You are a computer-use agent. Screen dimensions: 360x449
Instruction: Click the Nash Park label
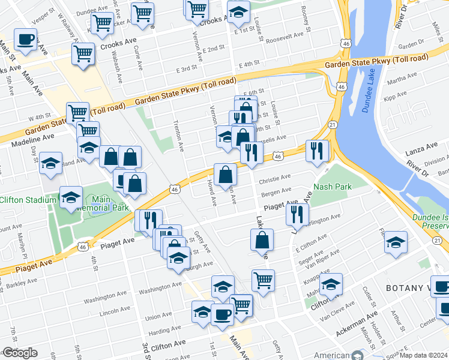332,187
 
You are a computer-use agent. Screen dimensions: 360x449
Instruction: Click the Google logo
20,353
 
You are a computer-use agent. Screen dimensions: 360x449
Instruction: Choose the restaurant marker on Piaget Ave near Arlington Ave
297,214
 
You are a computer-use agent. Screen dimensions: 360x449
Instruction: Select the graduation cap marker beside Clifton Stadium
71,197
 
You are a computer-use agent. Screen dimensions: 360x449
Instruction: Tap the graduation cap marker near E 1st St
238,12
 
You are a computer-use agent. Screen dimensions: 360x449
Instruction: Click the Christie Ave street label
274,178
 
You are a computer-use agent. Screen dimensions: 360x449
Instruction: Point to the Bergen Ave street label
276,192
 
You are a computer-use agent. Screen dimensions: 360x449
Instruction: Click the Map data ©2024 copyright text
424,355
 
